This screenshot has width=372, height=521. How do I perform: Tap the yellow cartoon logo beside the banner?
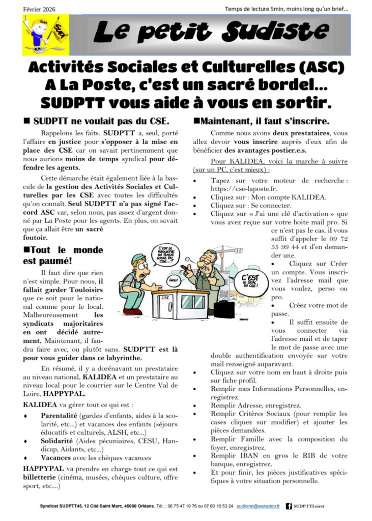pos(39,35)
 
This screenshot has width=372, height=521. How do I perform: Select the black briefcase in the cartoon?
pos(223,308)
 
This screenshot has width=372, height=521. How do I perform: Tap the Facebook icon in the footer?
pos(289,506)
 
